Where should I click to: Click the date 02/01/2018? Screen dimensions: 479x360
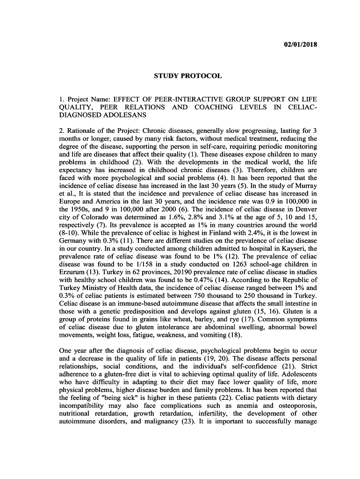coord(301,44)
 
